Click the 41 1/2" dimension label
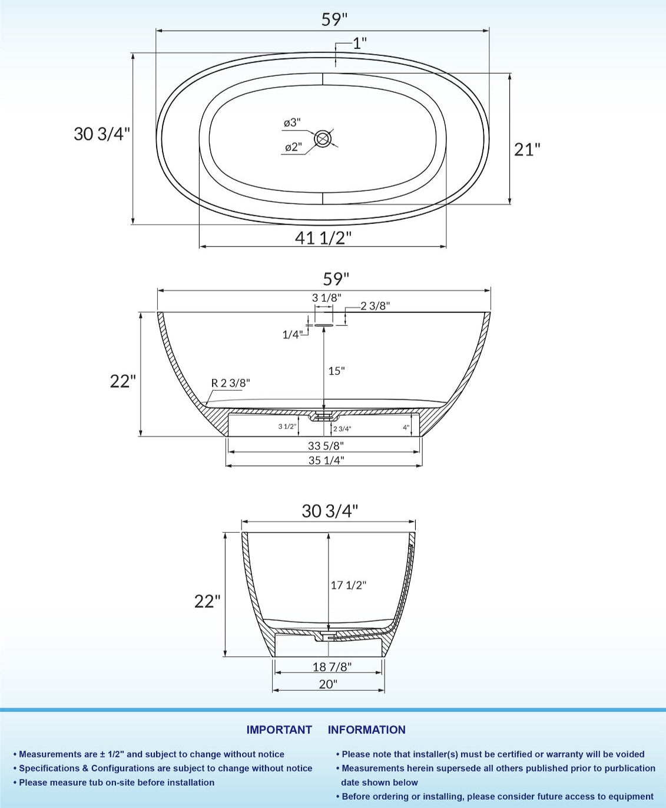pyautogui.click(x=323, y=238)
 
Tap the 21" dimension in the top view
pyautogui.click(x=527, y=149)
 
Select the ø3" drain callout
pyautogui.click(x=291, y=123)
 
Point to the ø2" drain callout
pyautogui.click(x=293, y=147)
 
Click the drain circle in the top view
pyautogui.click(x=323, y=139)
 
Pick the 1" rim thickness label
pyautogui.click(x=360, y=43)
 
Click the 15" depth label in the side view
pyautogui.click(x=336, y=371)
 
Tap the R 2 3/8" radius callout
pyautogui.click(x=230, y=383)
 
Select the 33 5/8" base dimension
pyautogui.click(x=325, y=446)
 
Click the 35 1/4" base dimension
pyautogui.click(x=325, y=460)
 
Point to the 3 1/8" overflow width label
pyautogui.click(x=326, y=298)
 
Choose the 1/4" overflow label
pyautogui.click(x=292, y=335)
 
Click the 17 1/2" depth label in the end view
pyautogui.click(x=348, y=585)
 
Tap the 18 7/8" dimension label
pyautogui.click(x=332, y=667)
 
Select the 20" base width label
pyautogui.click(x=328, y=684)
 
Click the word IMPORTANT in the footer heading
pyautogui.click(x=279, y=730)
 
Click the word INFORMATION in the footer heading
pyautogui.click(x=366, y=730)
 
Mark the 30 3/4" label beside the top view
pyautogui.click(x=101, y=134)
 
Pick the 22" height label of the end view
pyautogui.click(x=207, y=601)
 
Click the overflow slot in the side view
pyautogui.click(x=323, y=324)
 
